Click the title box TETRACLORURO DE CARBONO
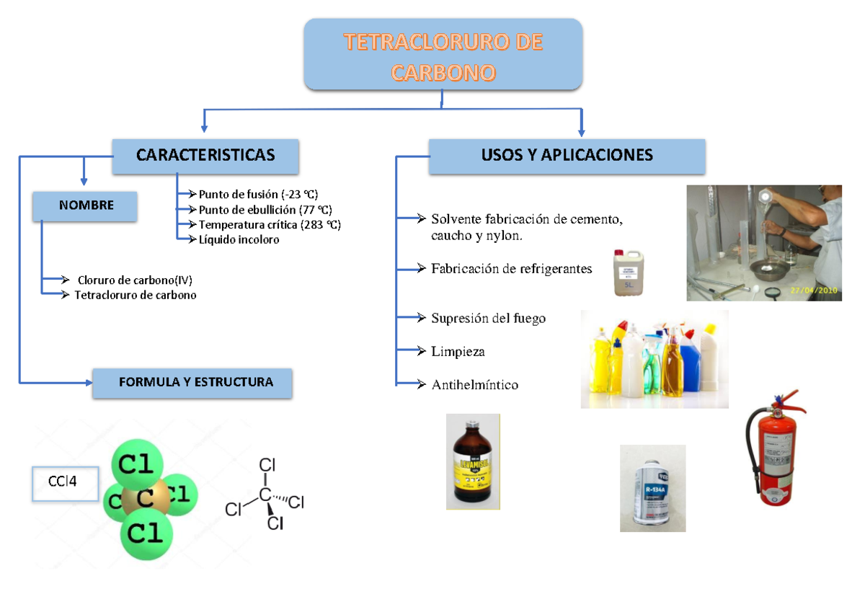(443, 54)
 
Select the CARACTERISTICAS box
(205, 156)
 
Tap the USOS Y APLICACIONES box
(567, 156)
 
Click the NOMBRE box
(86, 205)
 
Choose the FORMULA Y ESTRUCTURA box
(192, 382)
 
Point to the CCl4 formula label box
(65, 483)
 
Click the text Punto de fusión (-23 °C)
(258, 194)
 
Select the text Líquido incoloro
(239, 240)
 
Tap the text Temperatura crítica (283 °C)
(270, 224)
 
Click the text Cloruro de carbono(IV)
(135, 280)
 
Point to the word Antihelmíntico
(474, 385)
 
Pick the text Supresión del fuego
(488, 318)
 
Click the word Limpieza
(458, 352)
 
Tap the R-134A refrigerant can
(652, 488)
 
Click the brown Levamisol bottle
(473, 462)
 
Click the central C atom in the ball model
(144, 498)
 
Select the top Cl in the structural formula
(267, 465)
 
